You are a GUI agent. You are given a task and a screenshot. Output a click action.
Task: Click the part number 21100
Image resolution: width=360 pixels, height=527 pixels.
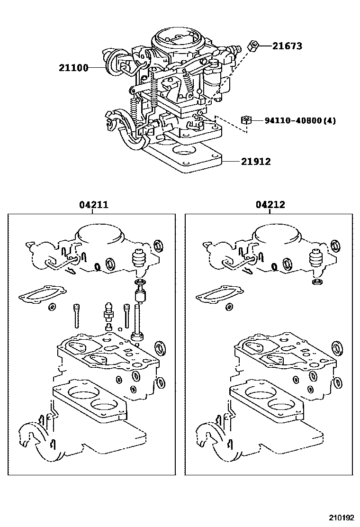point(73,68)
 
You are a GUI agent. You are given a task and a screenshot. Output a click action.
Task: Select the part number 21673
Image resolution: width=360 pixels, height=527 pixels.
point(287,45)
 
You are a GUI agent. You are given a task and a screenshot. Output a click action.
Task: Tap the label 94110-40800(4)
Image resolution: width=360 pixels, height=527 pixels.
point(300,120)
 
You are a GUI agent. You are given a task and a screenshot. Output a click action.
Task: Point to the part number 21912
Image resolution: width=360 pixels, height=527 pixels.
point(256,162)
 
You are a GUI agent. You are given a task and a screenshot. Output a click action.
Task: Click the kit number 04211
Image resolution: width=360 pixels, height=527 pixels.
point(94,204)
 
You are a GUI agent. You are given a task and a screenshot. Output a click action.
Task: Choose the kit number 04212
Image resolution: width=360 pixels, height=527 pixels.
point(270,204)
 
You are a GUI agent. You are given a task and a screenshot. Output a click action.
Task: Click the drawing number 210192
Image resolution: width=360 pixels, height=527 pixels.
point(341,518)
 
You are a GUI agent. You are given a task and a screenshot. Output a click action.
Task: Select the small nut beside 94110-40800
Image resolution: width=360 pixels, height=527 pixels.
point(246,120)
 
